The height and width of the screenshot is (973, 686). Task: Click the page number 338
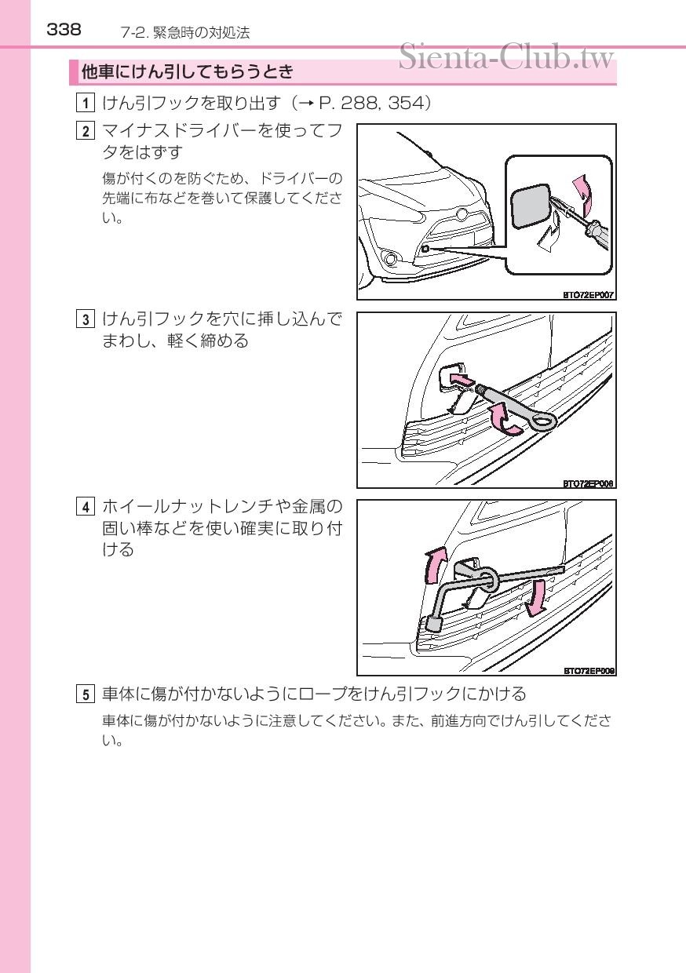[x=64, y=30]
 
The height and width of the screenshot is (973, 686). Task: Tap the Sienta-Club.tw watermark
[x=506, y=57]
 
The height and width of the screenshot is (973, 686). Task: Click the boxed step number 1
[x=85, y=103]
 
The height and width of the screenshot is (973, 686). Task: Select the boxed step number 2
[x=85, y=131]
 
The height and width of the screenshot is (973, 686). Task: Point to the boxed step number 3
[x=85, y=319]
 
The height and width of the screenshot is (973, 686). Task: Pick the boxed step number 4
[x=85, y=507]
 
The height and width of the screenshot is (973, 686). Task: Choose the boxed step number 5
[x=85, y=694]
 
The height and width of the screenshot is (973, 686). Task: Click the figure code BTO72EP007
[x=588, y=295]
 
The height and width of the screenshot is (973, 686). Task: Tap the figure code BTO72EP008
[x=588, y=483]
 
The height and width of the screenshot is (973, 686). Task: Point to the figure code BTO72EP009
[x=589, y=671]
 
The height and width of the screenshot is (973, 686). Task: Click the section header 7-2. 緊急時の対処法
[x=185, y=33]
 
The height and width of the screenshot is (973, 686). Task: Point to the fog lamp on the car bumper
[x=391, y=259]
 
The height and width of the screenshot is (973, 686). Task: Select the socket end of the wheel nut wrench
[x=433, y=624]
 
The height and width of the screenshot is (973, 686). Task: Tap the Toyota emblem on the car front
[x=461, y=213]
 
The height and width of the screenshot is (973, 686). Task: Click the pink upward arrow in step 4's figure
[x=436, y=565]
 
